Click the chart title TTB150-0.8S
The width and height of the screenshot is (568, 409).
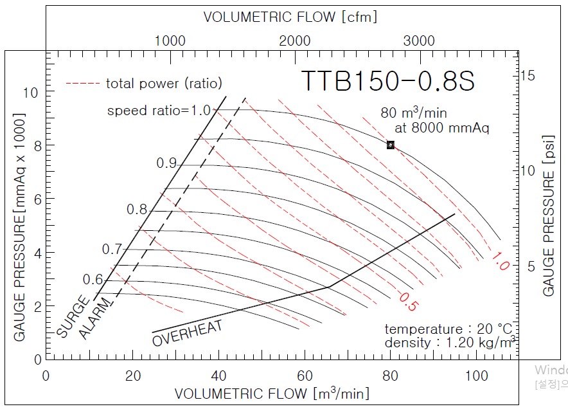(x=387, y=81)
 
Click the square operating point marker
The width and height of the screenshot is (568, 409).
(x=391, y=145)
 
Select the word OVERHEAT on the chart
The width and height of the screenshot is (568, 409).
(x=188, y=332)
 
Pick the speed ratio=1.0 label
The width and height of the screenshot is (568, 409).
(x=159, y=110)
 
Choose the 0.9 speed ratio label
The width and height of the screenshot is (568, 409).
(x=166, y=163)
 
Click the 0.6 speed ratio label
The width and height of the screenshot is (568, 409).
(x=93, y=280)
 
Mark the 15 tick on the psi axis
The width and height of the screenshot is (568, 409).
(x=528, y=75)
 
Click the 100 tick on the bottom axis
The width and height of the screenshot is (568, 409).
(x=477, y=375)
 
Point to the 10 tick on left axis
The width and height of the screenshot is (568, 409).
(x=30, y=93)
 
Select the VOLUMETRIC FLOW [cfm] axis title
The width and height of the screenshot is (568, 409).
(x=290, y=17)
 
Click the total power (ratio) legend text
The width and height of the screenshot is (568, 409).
(x=164, y=83)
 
